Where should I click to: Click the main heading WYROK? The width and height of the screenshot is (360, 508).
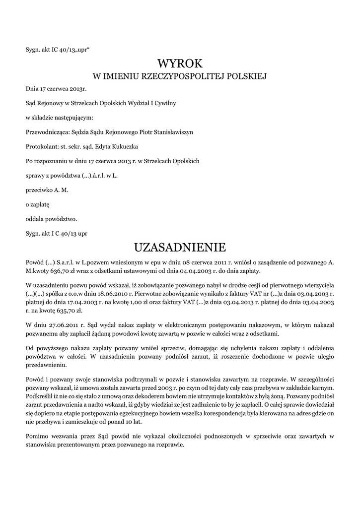[180, 63]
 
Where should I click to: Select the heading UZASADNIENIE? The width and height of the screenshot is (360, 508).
[180, 247]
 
